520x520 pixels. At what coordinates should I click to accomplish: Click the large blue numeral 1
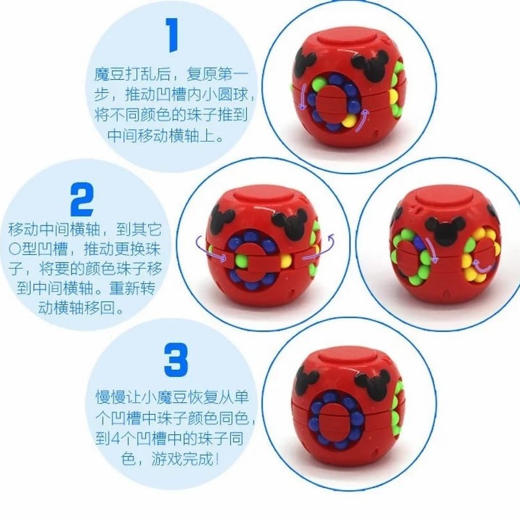172,35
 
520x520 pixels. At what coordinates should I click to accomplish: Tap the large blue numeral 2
82,200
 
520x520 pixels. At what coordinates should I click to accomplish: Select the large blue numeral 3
175,360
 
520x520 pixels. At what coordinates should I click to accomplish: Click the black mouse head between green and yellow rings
444,229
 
